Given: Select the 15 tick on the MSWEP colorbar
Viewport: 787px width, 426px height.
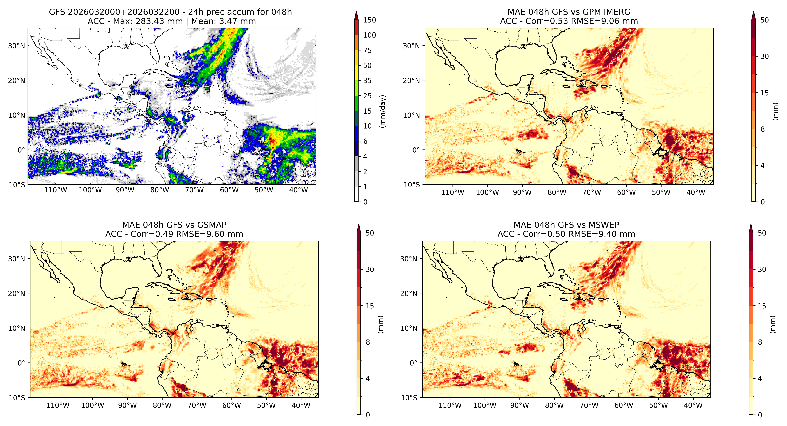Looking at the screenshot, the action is [x=762, y=306].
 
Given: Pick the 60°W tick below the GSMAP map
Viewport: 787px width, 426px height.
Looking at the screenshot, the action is [x=232, y=405].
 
